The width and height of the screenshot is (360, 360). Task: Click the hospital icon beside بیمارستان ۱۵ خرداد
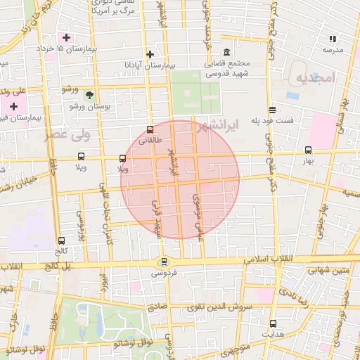pyautogui.click(x=67, y=37)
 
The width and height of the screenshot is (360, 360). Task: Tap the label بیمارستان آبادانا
pyautogui.click(x=149, y=65)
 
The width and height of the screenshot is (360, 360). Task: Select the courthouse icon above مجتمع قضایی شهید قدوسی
pyautogui.click(x=226, y=53)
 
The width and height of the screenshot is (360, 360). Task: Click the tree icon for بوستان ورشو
pyautogui.click(x=89, y=94)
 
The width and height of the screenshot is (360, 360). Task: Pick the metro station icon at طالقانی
pyautogui.click(x=149, y=129)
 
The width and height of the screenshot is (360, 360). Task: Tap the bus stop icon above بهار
pyautogui.click(x=308, y=150)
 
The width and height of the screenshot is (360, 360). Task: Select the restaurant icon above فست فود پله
pyautogui.click(x=272, y=109)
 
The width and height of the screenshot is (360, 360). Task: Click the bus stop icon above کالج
pyautogui.click(x=62, y=240)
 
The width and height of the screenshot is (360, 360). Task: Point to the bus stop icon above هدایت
pyautogui.click(x=273, y=323)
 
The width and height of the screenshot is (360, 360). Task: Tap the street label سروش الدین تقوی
pyautogui.click(x=217, y=308)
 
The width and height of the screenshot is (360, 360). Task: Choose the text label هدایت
pyautogui.click(x=273, y=335)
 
